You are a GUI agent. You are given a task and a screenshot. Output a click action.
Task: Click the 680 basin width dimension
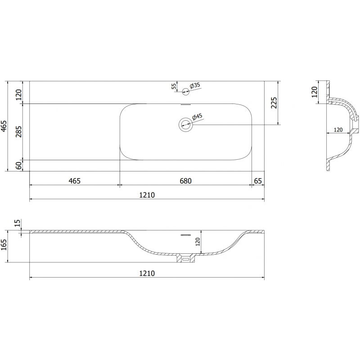[x=185, y=181]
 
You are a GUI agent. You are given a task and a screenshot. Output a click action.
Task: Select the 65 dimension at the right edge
[x=258, y=181]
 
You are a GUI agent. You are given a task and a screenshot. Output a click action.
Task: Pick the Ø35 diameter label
[x=195, y=85]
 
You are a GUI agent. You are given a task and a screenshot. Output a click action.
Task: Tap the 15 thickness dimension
[x=18, y=223]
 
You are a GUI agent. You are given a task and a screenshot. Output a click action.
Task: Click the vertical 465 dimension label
[x=4, y=126]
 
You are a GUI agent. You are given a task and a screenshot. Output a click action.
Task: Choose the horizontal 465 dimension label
[x=74, y=181]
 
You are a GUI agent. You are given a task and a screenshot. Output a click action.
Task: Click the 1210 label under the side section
[x=147, y=274]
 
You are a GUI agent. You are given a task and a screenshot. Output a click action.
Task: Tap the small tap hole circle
[x=185, y=92]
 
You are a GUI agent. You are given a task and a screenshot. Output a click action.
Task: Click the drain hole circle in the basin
[x=185, y=124]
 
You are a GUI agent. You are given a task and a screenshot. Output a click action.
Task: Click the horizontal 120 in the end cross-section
[x=338, y=130]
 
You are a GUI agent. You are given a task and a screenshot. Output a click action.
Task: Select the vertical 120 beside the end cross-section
[x=315, y=92]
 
